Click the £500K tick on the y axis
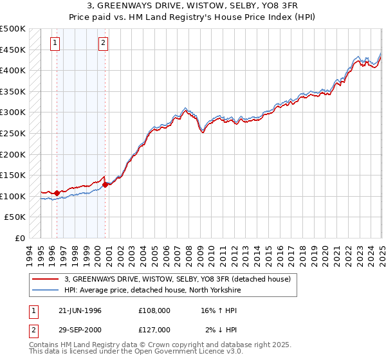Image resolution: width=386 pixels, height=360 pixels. (13, 29)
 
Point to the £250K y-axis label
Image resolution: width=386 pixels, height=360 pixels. (13, 133)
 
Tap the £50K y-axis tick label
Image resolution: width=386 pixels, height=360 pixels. (15, 217)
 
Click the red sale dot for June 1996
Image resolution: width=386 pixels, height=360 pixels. (57, 192)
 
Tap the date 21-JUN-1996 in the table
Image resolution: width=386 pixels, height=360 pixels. (80, 310)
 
